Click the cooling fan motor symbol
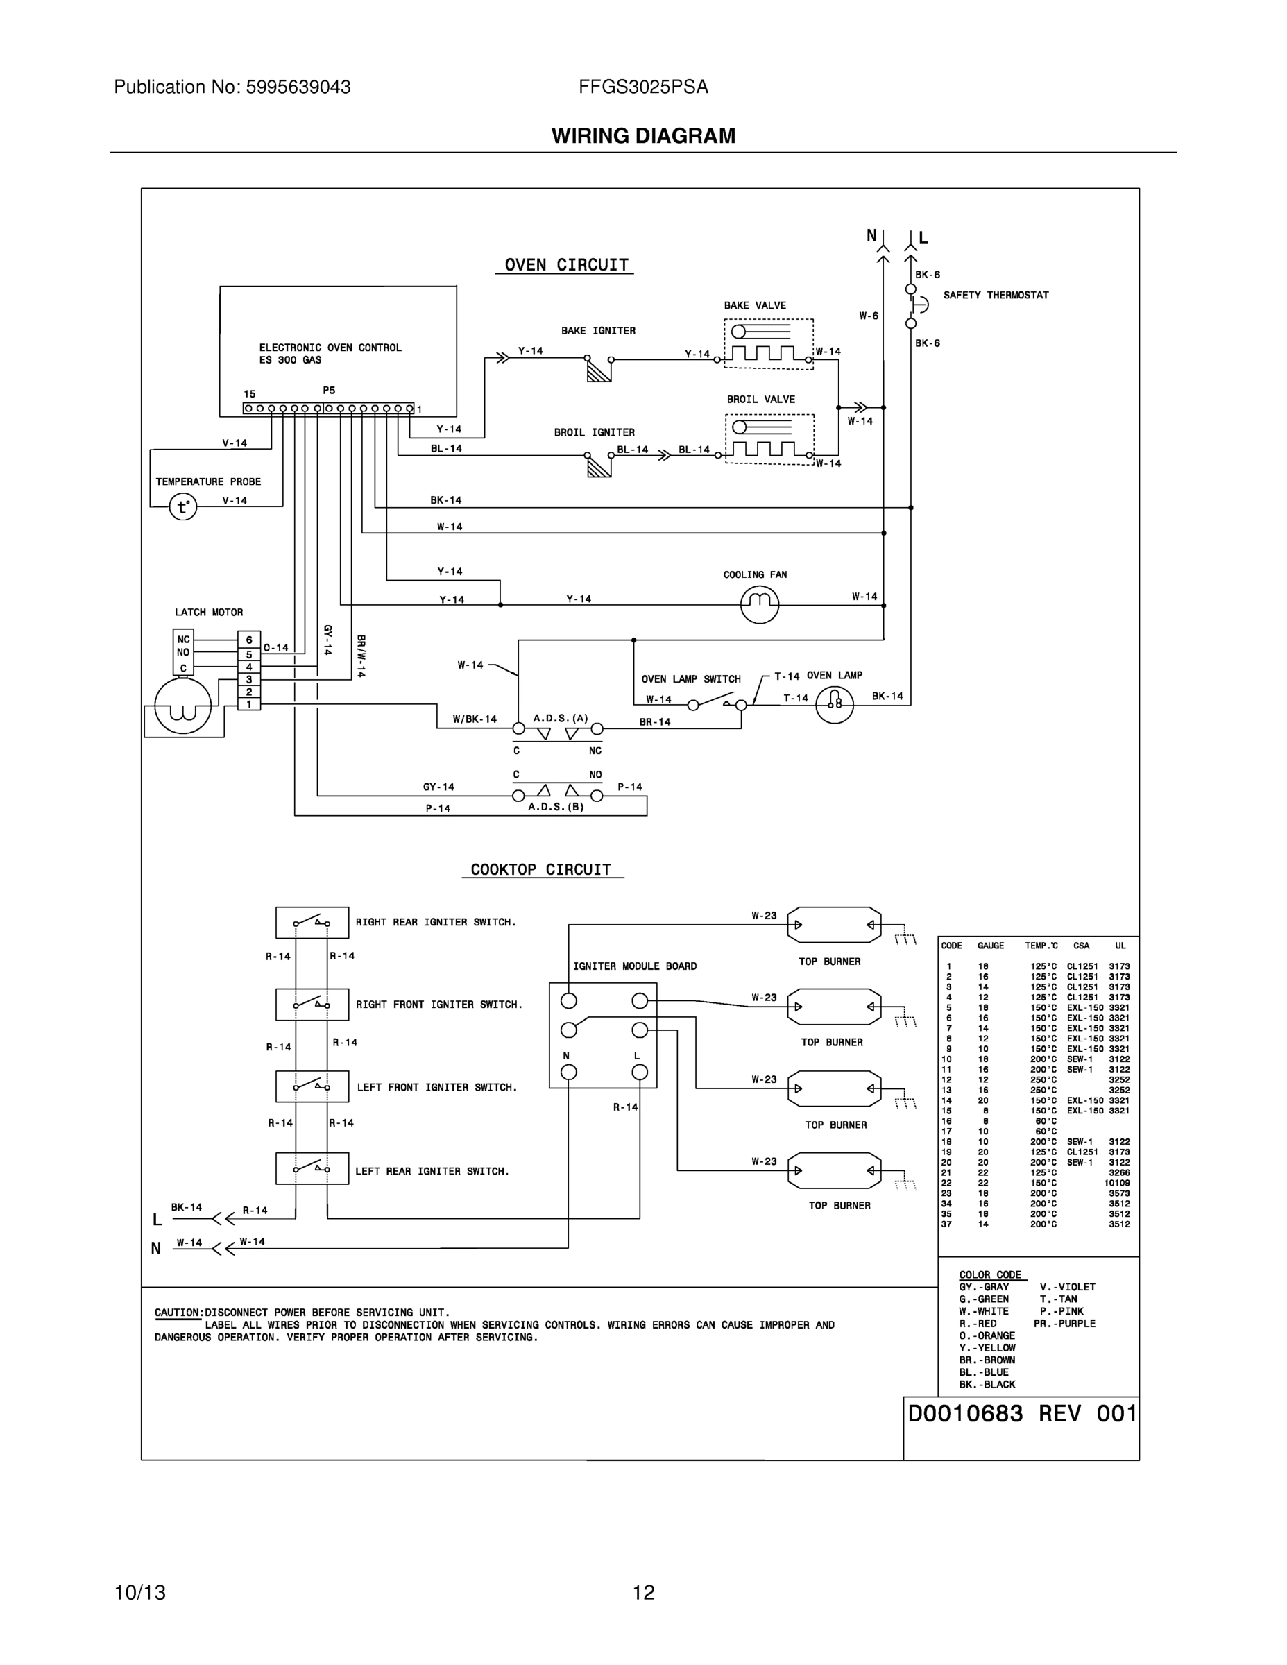click(760, 604)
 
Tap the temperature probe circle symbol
click(183, 506)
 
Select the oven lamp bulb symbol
click(834, 704)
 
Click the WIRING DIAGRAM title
click(644, 136)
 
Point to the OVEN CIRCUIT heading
click(565, 265)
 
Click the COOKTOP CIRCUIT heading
click(540, 870)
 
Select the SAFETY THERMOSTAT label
click(996, 295)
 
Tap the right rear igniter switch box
click(312, 923)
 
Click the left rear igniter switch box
click(312, 1168)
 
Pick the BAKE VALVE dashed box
click(769, 344)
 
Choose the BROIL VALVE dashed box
click(769, 438)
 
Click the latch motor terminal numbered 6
click(248, 640)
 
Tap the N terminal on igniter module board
click(569, 1073)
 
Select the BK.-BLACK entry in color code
click(987, 1385)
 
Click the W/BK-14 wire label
click(475, 719)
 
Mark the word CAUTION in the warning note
click(178, 1313)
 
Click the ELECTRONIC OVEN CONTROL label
click(330, 348)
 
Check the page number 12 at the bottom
click(644, 1593)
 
